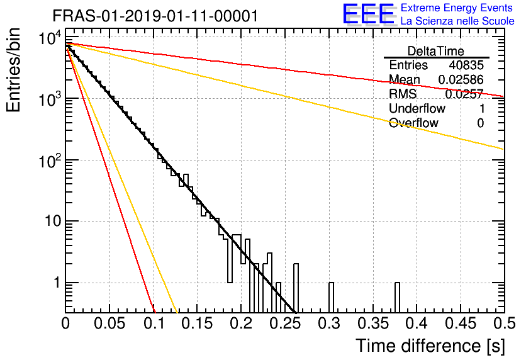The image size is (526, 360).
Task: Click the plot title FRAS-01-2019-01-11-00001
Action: pos(155,16)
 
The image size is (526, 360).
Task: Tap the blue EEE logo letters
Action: pos(368,14)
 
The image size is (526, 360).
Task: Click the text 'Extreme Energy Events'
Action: pos(457,8)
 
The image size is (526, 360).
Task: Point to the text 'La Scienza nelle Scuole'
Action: pos(457,21)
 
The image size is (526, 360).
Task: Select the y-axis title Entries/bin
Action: pos(13,70)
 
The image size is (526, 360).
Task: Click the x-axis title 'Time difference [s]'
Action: pos(430,346)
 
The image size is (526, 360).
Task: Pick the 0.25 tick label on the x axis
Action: pos(285,323)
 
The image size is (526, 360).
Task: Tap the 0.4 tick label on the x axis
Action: pos(417,323)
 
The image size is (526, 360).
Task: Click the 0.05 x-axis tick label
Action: pos(109,323)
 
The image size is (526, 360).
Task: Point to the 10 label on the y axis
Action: pos(53,221)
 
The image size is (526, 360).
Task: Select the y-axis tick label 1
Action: pos(57,283)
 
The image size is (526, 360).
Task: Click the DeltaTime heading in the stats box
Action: pos(436,51)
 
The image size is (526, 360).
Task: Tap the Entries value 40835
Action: pos(466,65)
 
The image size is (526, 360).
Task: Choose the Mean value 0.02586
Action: pos(461,79)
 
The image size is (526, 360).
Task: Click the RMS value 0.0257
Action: pos(464,94)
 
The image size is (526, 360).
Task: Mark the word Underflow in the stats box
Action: pos(417,108)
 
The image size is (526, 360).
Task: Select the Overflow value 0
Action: pos(480,123)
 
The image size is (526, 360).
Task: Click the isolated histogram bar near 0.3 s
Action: pos(331,298)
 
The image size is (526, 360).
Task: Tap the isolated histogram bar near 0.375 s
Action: pos(397,298)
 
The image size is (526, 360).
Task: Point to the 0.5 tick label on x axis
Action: pos(505,323)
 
